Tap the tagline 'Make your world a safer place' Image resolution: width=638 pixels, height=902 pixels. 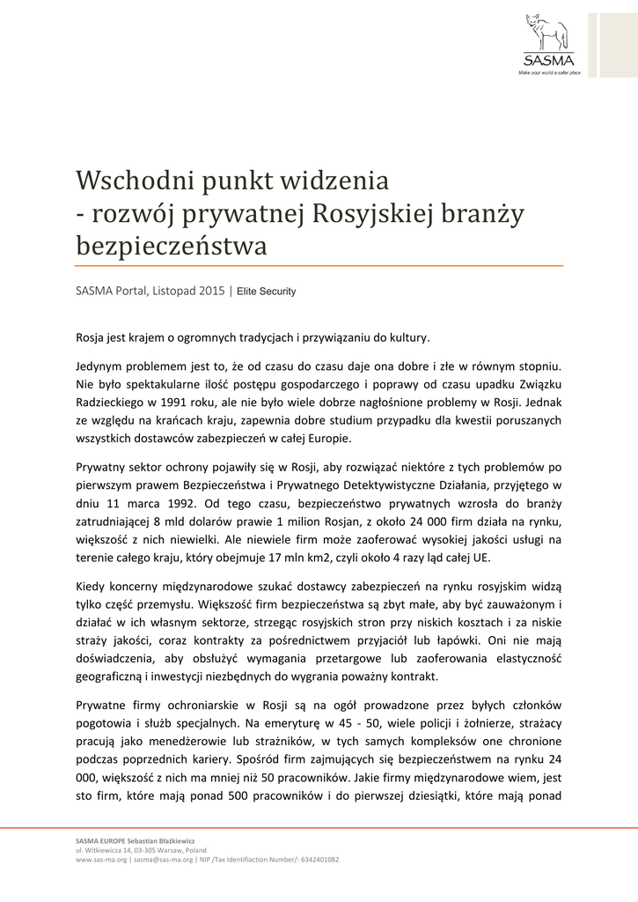[549, 72]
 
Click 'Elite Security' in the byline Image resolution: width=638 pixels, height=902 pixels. [266, 291]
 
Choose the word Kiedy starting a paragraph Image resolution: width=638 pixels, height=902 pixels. [92, 586]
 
